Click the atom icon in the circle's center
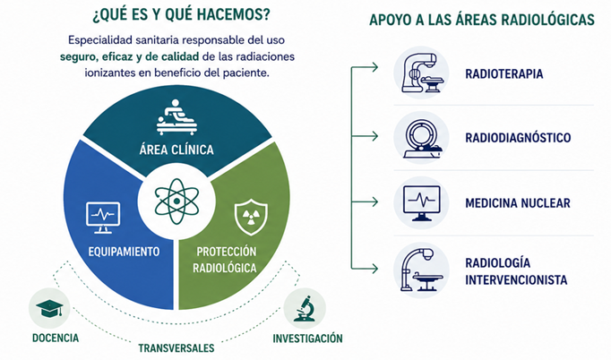(x=176, y=201)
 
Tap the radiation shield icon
(x=252, y=217)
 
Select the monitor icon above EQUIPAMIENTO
(x=103, y=218)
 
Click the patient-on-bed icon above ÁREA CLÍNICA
(x=176, y=117)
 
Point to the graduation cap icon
(x=49, y=308)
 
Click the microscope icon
(x=305, y=308)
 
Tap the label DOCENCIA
(x=56, y=338)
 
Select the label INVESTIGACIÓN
(x=307, y=339)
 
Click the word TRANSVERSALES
(x=176, y=348)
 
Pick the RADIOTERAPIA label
(x=504, y=74)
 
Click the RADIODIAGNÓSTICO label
(x=518, y=138)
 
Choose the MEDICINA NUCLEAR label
(x=518, y=203)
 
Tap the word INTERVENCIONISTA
(x=516, y=279)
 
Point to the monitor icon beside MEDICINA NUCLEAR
(x=421, y=203)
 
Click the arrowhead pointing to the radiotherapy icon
(x=374, y=67)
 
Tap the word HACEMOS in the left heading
(x=234, y=14)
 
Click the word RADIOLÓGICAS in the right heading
(x=548, y=20)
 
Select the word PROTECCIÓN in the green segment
(x=227, y=252)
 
